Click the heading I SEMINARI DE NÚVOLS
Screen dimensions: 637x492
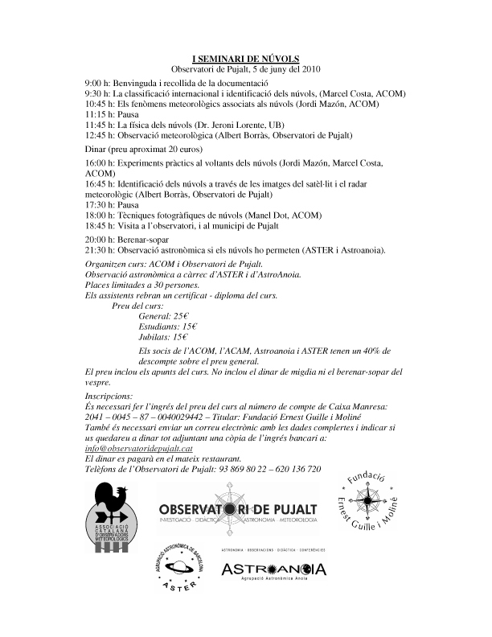click(245, 59)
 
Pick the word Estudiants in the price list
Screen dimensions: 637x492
click(158, 327)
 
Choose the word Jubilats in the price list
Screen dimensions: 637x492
click(154, 337)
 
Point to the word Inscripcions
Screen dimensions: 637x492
click(109, 397)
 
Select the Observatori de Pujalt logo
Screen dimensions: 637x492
click(238, 510)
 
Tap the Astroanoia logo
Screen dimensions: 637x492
click(273, 569)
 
